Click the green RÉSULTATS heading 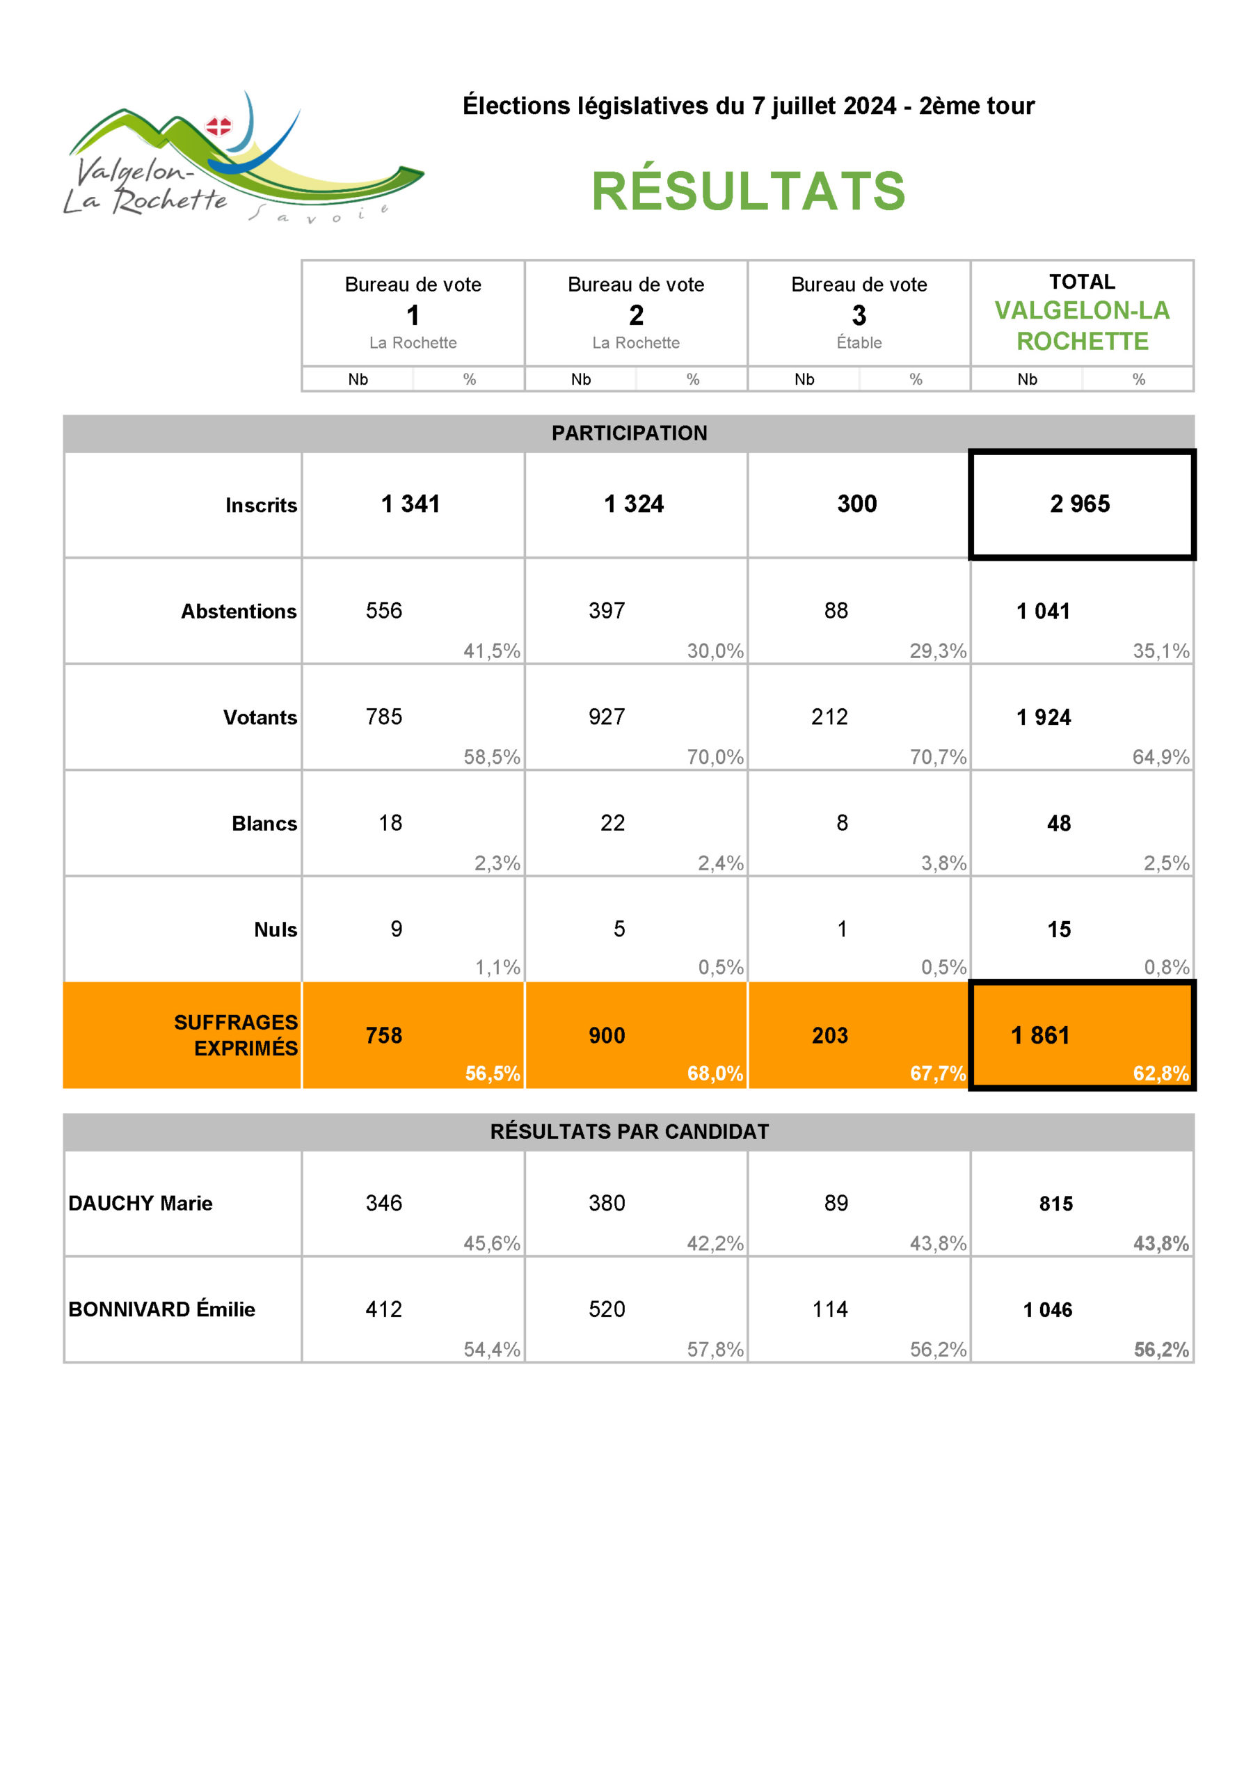[748, 191]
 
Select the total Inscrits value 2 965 [1079, 504]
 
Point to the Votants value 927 [607, 717]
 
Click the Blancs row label [264, 823]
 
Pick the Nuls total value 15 [1058, 929]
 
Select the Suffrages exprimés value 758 [384, 1036]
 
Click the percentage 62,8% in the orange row [1160, 1073]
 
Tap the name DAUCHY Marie [141, 1203]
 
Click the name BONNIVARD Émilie [161, 1309]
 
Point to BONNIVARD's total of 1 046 [1047, 1310]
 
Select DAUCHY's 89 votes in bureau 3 [836, 1203]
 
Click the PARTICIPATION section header [629, 433]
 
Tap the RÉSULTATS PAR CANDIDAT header [629, 1132]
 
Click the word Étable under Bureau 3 [859, 343]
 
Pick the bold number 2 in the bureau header [636, 316]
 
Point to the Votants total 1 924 [1044, 717]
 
